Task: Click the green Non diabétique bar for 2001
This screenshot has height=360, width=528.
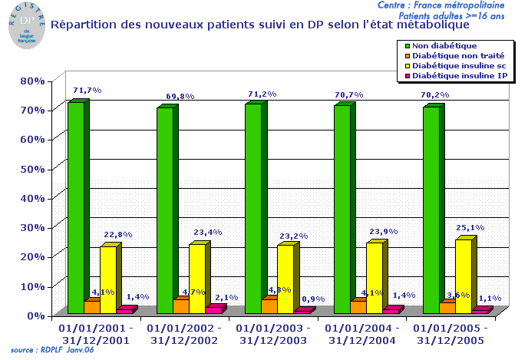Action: (75, 207)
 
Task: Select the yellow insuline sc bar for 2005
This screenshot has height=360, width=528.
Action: (463, 276)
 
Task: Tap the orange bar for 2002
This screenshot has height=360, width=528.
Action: (180, 306)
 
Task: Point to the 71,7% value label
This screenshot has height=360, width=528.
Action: (87, 91)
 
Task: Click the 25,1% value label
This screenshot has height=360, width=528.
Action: (472, 227)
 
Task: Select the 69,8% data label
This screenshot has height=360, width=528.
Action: (180, 97)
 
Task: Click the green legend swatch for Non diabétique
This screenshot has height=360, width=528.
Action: (406, 46)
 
